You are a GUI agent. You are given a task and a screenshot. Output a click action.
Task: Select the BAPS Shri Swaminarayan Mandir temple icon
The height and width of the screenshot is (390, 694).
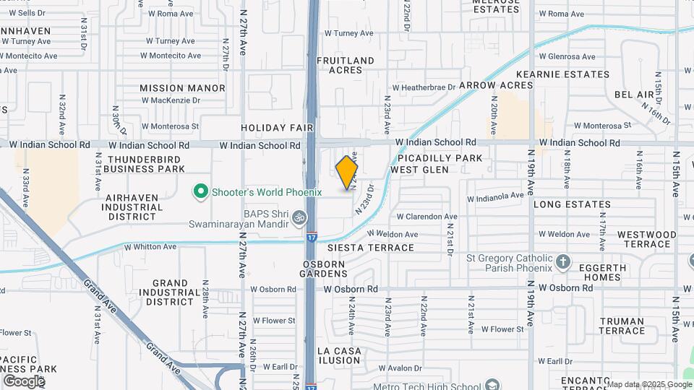click(x=301, y=217)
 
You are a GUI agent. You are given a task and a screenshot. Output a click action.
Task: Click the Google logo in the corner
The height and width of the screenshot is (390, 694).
click(x=24, y=381)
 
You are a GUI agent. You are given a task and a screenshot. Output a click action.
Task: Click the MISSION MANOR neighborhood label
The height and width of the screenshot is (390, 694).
click(x=182, y=88)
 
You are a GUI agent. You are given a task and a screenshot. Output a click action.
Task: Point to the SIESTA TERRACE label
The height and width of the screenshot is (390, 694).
click(x=371, y=248)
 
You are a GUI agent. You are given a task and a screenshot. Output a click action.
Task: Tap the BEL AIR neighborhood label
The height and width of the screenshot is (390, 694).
click(x=634, y=95)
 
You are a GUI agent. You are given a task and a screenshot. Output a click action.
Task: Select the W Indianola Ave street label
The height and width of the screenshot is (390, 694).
click(x=495, y=196)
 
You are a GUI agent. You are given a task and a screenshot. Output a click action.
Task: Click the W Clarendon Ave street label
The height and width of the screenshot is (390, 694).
click(x=427, y=216)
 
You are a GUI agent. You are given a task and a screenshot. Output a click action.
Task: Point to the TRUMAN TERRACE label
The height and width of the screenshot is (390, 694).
click(x=622, y=326)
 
